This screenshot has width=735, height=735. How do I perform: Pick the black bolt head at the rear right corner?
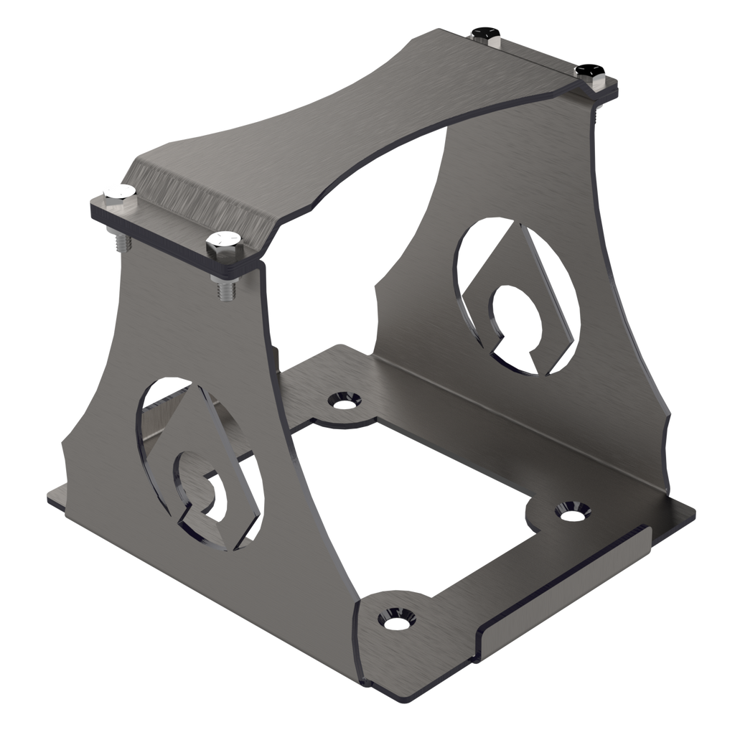[x=591, y=71]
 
